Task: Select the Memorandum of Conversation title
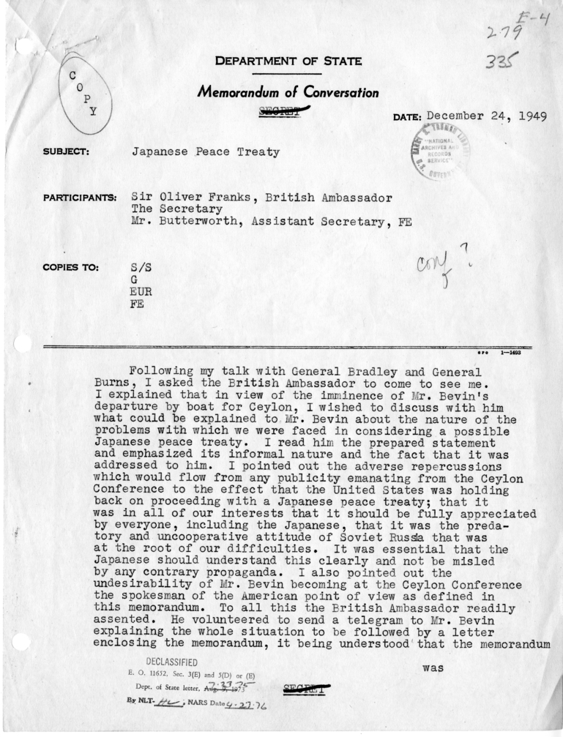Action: pos(288,93)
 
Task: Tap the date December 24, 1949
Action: pos(486,116)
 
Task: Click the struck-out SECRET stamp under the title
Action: pos(286,111)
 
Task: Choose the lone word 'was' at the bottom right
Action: pos(435,667)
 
